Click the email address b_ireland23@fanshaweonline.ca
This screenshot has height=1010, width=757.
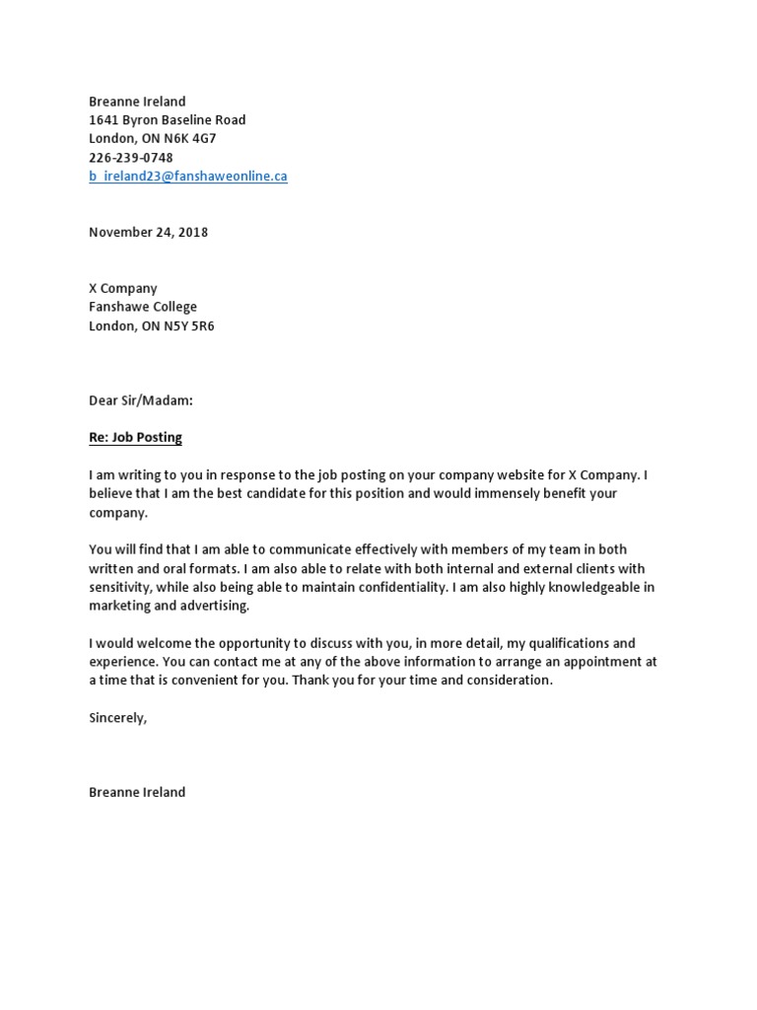pos(188,177)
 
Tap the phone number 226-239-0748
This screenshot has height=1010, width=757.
pos(131,158)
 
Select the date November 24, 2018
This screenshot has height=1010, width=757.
pos(149,233)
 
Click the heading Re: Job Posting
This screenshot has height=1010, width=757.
pos(135,438)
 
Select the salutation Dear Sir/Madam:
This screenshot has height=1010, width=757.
pos(141,401)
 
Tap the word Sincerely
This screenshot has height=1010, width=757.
pos(116,718)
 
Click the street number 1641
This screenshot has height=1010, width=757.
pos(103,120)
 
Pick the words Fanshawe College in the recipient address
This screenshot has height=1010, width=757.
pos(143,308)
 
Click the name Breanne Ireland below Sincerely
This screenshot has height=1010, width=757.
pos(137,793)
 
